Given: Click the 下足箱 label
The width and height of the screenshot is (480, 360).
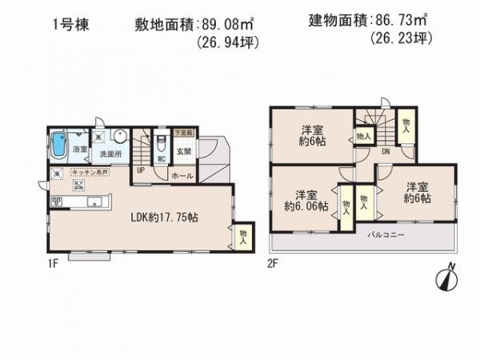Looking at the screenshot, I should [x=183, y=131].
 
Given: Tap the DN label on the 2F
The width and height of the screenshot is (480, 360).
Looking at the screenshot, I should [x=386, y=150].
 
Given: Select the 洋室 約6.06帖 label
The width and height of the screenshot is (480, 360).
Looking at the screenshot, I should [x=306, y=200].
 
